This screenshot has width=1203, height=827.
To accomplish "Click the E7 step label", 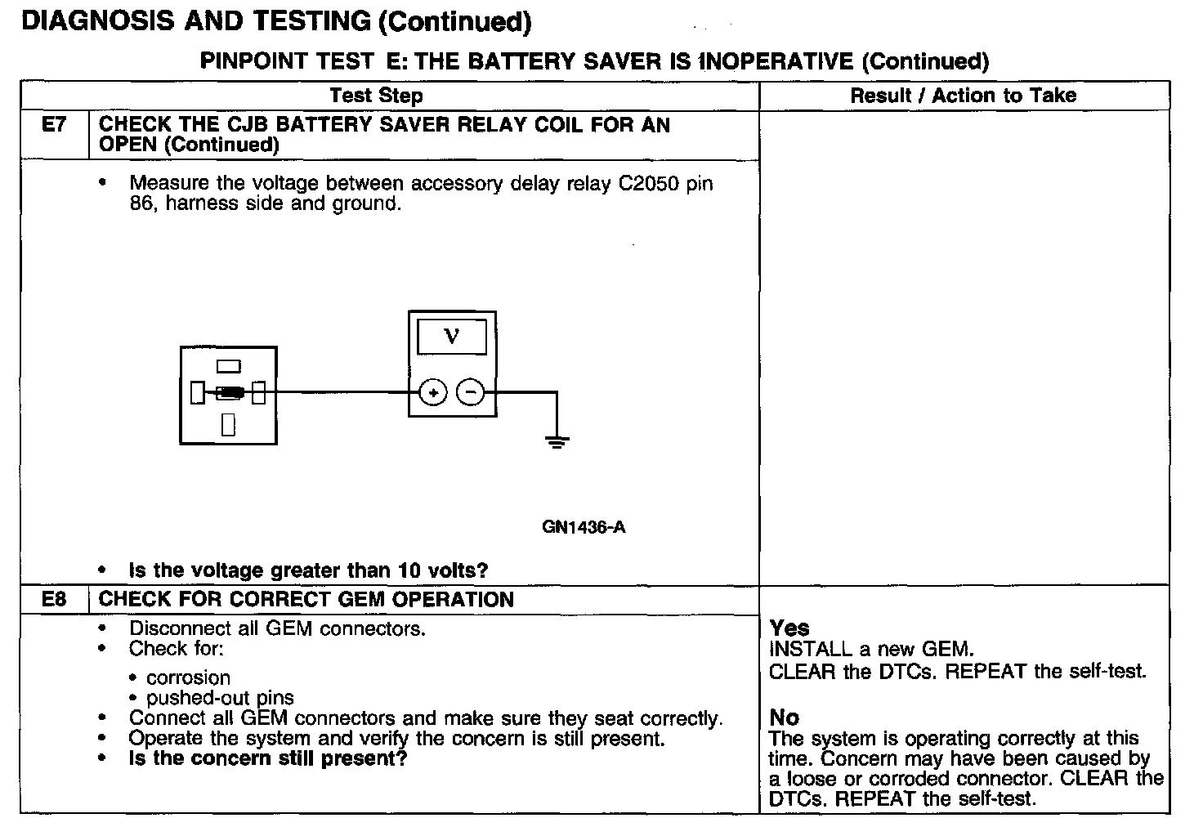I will tap(53, 125).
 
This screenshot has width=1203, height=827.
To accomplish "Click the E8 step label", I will tap(53, 599).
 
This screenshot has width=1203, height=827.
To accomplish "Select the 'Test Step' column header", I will tap(376, 96).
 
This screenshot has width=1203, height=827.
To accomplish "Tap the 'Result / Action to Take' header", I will tap(963, 96).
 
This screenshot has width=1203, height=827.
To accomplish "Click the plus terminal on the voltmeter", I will tap(433, 393).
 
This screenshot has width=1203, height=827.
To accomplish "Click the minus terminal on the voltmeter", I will tap(470, 393).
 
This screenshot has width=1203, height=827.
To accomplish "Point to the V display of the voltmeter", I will tap(451, 336).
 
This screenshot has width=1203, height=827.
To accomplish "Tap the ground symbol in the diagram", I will tap(557, 442).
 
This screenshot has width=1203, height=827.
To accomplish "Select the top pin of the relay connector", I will tap(228, 366).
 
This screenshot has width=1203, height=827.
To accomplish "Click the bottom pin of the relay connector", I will tap(228, 424).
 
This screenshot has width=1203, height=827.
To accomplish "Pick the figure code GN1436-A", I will tap(584, 527).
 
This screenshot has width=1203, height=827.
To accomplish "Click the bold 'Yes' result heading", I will tap(789, 628).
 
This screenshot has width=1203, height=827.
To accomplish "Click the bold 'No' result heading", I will tap(784, 717).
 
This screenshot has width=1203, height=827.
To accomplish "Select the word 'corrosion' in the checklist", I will tap(188, 677).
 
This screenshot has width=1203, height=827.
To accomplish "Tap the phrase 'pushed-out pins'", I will tap(220, 698).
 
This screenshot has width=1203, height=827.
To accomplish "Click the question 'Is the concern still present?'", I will tap(268, 758).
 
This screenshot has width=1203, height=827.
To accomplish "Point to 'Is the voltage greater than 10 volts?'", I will tap(308, 570).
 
